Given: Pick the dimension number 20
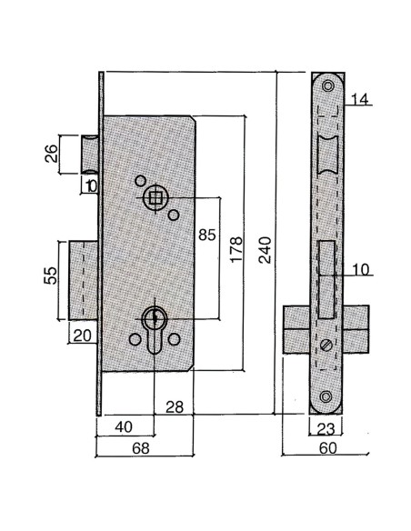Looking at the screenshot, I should click(x=82, y=335).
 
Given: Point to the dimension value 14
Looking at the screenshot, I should click(x=358, y=99).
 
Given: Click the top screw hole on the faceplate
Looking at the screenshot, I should click(x=327, y=85).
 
